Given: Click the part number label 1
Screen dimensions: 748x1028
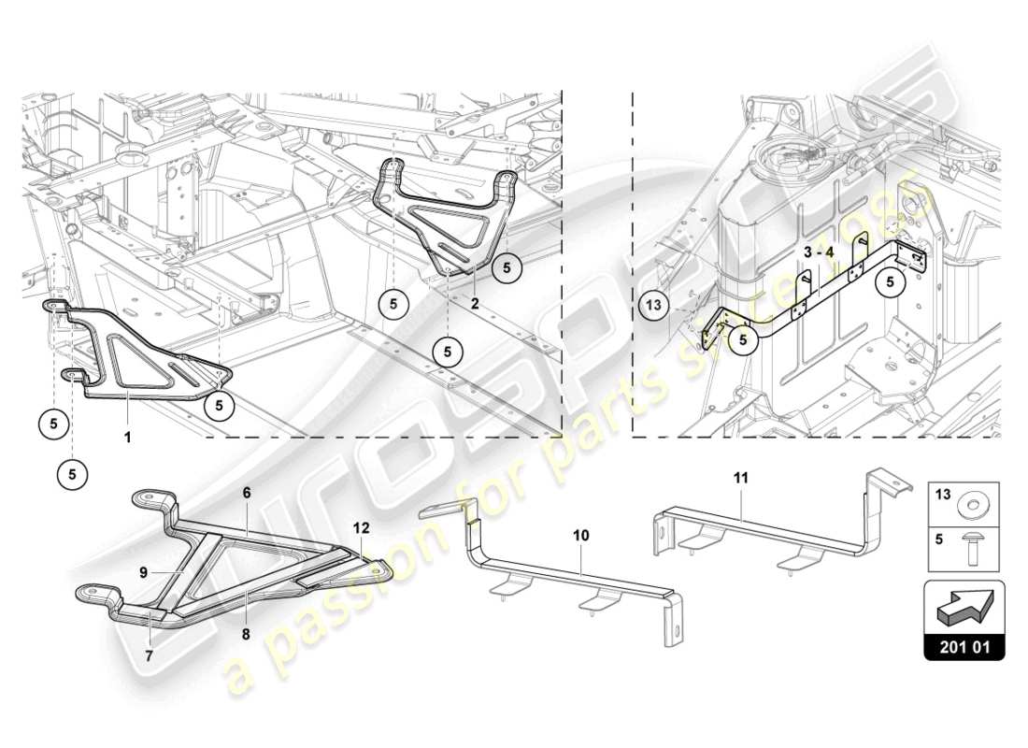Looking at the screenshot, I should click(x=128, y=436).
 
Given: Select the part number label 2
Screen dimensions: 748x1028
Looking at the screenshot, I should click(x=475, y=304).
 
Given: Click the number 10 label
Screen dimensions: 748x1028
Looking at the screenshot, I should click(x=581, y=536).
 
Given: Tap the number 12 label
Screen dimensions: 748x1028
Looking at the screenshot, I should click(x=361, y=527).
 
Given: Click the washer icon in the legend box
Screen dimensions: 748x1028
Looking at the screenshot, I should click(x=975, y=507).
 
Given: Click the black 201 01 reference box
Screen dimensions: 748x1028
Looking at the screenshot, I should click(x=964, y=646).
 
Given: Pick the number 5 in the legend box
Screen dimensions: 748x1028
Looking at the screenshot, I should click(x=941, y=539).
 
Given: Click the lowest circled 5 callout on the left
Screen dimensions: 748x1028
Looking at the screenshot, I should click(x=73, y=474).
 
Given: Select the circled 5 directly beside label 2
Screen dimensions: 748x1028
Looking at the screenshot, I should click(x=507, y=266).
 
